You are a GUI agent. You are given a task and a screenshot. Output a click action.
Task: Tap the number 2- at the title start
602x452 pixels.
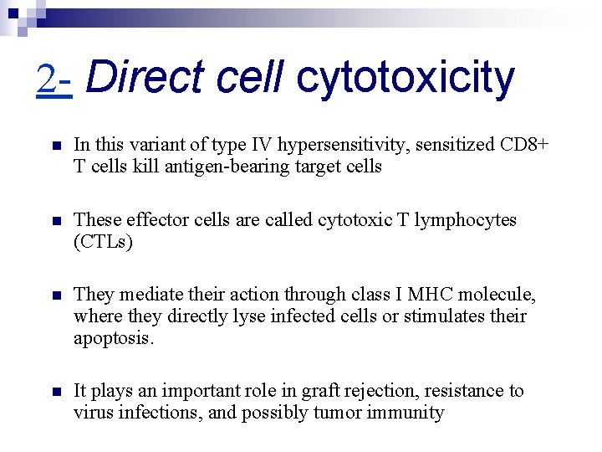click(54, 80)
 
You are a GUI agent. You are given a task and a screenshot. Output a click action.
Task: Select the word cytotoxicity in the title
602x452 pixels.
click(406, 78)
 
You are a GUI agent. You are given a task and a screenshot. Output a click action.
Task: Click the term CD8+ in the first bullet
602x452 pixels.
click(525, 145)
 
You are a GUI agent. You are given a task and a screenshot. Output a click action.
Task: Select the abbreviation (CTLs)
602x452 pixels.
click(103, 242)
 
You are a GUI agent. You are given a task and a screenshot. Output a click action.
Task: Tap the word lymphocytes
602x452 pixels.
click(467, 220)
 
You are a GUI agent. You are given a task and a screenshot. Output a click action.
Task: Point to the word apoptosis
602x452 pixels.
click(114, 338)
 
